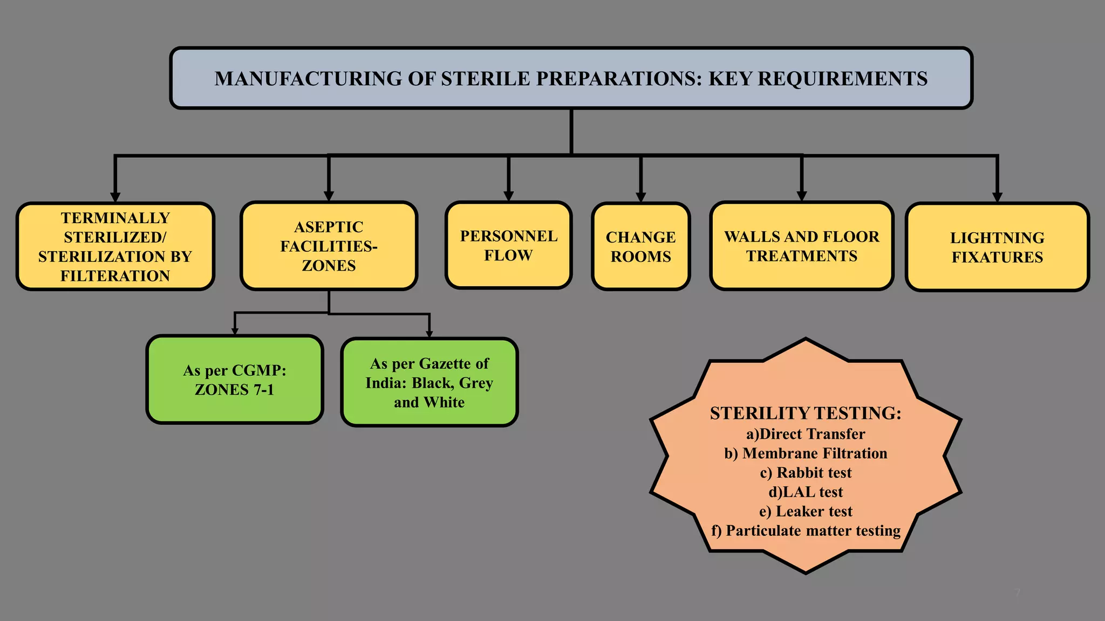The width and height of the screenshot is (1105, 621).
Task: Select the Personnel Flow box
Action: [508, 246]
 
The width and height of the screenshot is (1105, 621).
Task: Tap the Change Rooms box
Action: [640, 247]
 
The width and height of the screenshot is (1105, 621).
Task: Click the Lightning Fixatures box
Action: [997, 247]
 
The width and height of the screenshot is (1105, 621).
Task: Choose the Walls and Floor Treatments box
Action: [801, 246]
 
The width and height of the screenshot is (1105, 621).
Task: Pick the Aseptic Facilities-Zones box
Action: [329, 246]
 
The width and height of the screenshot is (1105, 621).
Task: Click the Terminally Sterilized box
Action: [115, 247]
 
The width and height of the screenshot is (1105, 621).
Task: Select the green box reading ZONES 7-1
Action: [235, 379]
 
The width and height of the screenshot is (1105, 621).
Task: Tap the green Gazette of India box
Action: [429, 383]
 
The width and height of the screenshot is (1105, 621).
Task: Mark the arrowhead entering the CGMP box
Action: [235, 331]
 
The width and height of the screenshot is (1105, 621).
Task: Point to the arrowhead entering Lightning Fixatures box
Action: [997, 197]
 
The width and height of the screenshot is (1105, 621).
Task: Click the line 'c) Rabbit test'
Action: [806, 473]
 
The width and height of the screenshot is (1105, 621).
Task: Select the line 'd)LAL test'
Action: [806, 492]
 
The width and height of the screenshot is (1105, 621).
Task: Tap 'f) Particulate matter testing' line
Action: [806, 531]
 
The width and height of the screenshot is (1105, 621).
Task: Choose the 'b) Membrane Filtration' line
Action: [806, 453]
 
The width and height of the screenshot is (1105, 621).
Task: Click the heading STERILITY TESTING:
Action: [806, 413]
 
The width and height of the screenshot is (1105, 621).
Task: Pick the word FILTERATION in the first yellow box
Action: [115, 276]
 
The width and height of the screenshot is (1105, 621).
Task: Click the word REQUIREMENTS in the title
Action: [843, 79]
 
